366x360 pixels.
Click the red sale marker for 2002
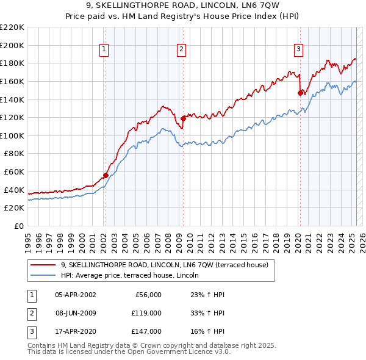106,175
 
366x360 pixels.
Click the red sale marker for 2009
183,118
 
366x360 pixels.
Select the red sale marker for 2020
300,93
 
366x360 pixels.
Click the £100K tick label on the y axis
12,135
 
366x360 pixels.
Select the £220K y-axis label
12,27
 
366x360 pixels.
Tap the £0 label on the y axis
18,226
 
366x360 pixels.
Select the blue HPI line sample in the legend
43,276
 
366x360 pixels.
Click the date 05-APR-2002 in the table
75,295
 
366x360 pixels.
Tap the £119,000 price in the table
146,313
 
